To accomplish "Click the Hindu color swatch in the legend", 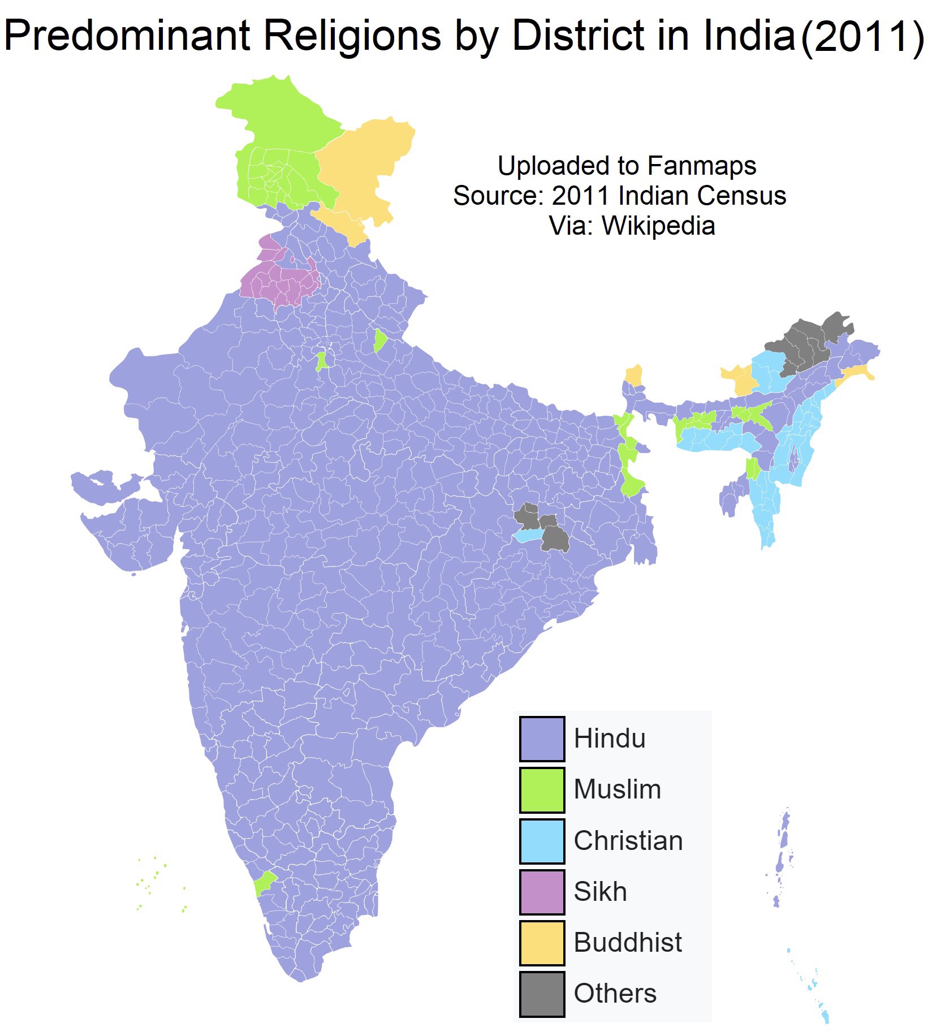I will [x=542, y=739].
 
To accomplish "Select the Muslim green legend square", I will [x=542, y=789].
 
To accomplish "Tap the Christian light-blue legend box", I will [x=542, y=841].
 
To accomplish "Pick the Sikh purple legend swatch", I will [x=542, y=892].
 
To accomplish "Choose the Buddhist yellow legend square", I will [x=542, y=943].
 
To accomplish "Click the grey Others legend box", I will [x=542, y=994].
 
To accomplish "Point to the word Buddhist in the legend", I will [x=627, y=943].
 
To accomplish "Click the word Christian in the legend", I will [x=628, y=841].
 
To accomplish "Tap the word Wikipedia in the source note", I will [x=658, y=226].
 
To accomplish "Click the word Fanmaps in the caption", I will [x=701, y=166].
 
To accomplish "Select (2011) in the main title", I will [x=862, y=36].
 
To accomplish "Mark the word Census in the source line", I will [x=741, y=196].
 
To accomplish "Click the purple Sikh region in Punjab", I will [x=280, y=283].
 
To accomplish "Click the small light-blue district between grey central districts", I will [x=526, y=536].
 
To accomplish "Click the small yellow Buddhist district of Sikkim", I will [x=634, y=375].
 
